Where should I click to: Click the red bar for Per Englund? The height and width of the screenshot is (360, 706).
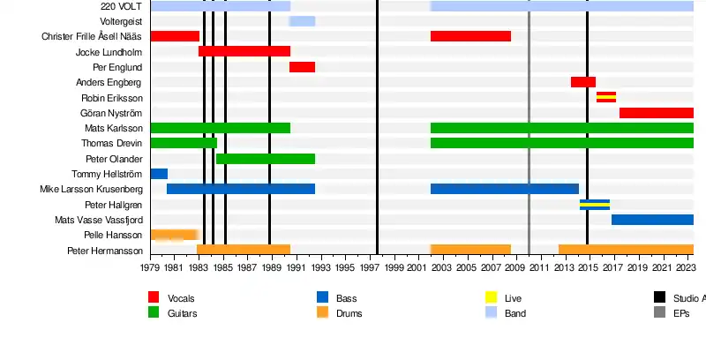[302, 67]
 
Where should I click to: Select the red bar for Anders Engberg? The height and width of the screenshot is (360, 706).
[582, 82]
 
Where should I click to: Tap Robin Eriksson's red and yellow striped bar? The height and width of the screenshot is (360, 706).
[605, 97]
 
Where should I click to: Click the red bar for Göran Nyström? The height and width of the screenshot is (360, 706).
[656, 113]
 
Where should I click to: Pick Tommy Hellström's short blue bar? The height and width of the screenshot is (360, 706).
[159, 174]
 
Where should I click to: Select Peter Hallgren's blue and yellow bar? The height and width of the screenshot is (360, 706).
[594, 205]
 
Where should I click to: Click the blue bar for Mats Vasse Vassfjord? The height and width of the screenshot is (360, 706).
[652, 220]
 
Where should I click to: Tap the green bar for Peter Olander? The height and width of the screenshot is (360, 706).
[266, 159]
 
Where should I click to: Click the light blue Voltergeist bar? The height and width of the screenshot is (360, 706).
[302, 21]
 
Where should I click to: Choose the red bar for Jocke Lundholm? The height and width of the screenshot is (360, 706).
[244, 51]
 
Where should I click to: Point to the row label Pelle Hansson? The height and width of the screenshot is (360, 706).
[113, 236]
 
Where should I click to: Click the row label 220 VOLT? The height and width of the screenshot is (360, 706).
[122, 6]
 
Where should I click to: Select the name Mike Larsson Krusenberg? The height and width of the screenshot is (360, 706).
[91, 190]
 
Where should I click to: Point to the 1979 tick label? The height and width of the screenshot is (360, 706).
[150, 267]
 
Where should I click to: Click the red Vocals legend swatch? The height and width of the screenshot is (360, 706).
[154, 297]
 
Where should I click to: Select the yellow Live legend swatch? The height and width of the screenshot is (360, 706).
[492, 297]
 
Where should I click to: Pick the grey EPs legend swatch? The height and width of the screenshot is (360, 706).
[659, 312]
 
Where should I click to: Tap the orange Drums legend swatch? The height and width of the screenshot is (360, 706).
[322, 312]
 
